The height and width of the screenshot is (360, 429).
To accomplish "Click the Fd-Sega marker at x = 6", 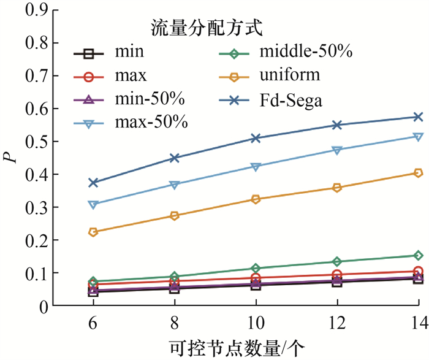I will point(93,183).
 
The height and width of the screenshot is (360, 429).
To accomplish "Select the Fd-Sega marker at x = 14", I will point(418,117).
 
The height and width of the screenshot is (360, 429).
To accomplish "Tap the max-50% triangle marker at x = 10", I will point(256,167).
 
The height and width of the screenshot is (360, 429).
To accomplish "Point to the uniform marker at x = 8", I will point(174,216).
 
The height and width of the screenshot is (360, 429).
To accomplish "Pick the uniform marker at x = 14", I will point(418,173).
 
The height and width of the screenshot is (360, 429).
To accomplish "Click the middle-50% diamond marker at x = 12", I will point(336,262).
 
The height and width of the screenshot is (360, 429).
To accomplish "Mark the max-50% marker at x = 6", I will point(93,205).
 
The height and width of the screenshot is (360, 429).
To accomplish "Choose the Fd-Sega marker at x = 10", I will point(256,138).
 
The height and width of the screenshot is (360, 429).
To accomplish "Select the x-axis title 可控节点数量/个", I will point(238,347).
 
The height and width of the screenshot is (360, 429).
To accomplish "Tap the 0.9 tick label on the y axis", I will point(34,10).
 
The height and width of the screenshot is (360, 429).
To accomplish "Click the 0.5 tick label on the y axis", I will point(34,141).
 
